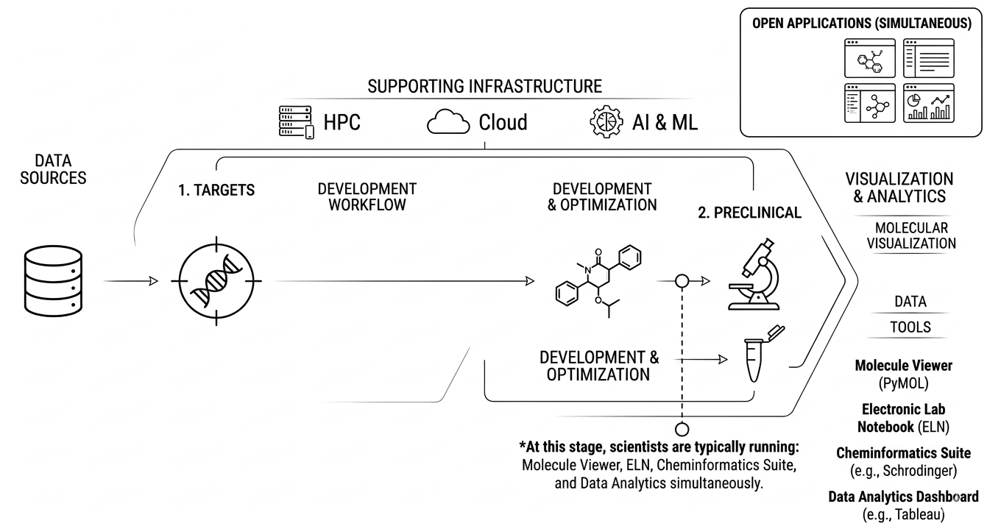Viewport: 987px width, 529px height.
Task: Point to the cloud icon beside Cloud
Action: [x=448, y=122]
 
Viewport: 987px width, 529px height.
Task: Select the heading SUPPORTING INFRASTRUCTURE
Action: [x=484, y=86]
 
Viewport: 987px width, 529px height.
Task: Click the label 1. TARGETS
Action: [x=216, y=191]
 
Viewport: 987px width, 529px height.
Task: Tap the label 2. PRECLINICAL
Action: [x=749, y=213]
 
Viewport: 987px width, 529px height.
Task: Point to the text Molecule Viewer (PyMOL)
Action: [x=903, y=374]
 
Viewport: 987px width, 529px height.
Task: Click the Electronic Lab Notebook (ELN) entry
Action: [x=903, y=417]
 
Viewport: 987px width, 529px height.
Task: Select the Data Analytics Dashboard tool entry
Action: [x=903, y=505]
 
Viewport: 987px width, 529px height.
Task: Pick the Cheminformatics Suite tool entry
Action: [x=903, y=461]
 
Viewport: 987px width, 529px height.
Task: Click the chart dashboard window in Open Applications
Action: [x=928, y=104]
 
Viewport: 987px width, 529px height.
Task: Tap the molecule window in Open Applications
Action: [x=869, y=59]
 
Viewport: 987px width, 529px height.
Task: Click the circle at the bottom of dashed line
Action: [x=682, y=429]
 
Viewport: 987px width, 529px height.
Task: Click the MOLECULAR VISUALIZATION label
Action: [x=911, y=235]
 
